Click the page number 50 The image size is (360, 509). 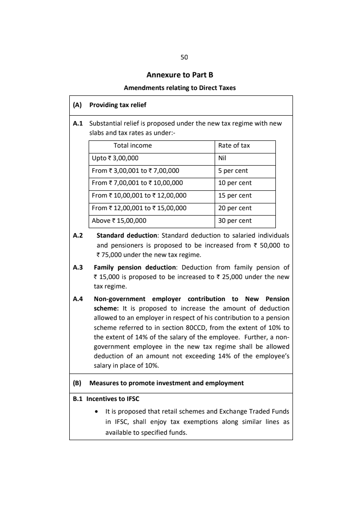(184, 57)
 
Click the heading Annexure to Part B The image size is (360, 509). (180, 75)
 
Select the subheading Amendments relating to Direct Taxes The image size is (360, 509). (180, 88)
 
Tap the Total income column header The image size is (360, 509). (133, 145)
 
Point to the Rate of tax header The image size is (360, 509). (234, 145)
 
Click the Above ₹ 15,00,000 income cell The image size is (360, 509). (119, 221)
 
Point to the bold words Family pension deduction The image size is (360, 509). (135, 267)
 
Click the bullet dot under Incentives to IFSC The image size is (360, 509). (97, 412)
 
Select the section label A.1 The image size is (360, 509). (78, 123)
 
